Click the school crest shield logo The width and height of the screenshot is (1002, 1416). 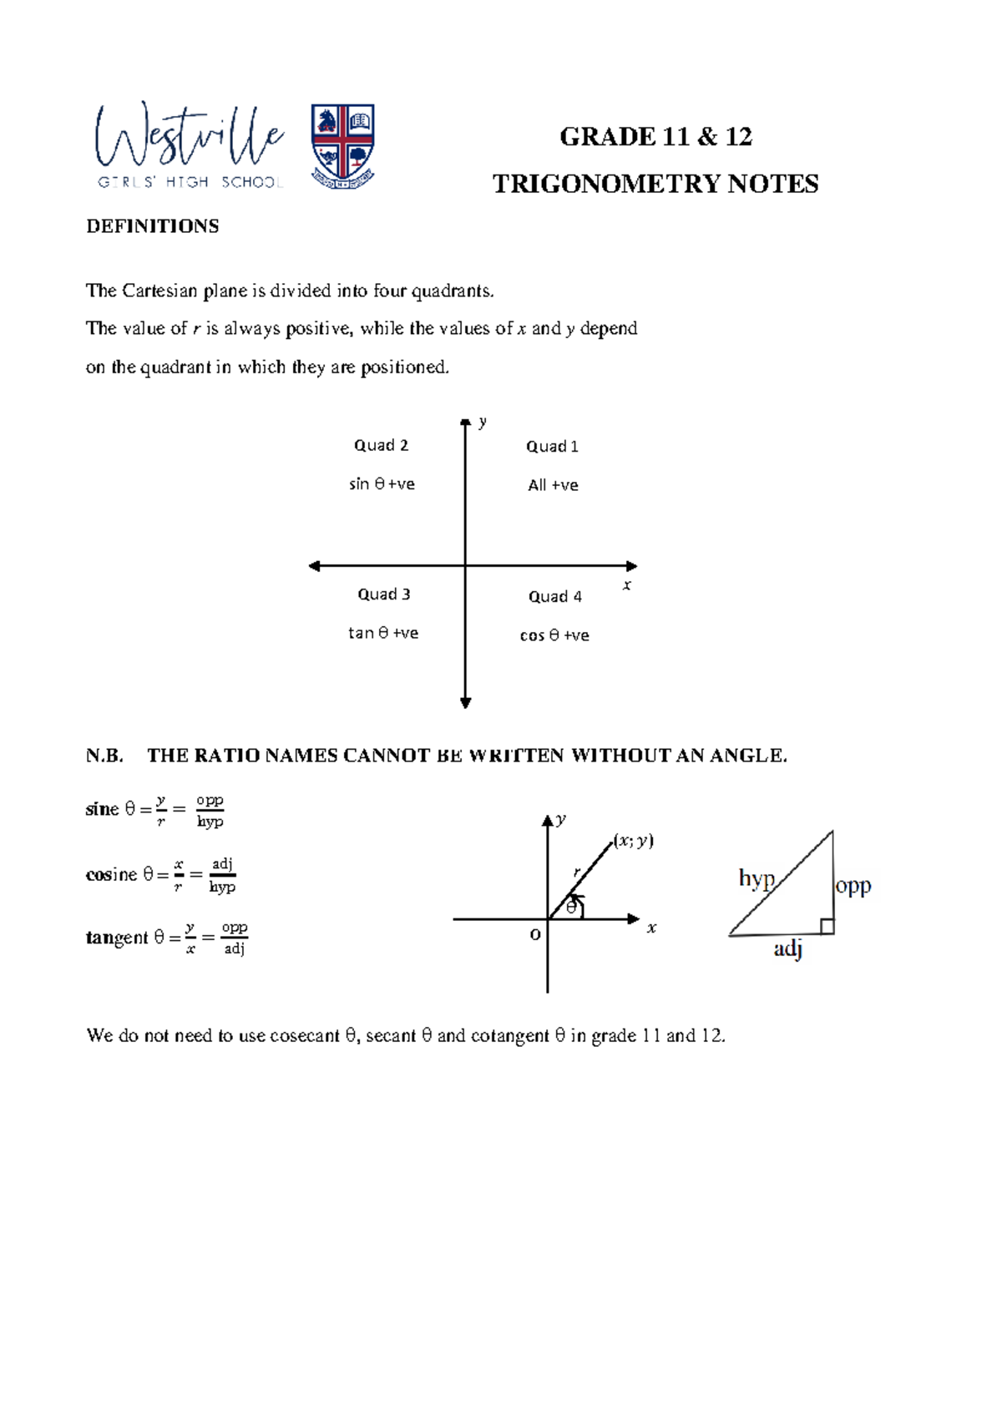(342, 144)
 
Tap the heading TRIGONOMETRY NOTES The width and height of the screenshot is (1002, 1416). (655, 184)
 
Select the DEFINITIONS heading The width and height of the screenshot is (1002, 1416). (152, 226)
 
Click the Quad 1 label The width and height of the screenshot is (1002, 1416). (552, 447)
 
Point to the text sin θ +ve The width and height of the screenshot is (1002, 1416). (382, 484)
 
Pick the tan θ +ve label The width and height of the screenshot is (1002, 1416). (383, 633)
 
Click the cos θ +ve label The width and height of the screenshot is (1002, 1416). (554, 635)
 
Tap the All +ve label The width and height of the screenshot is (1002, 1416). (553, 485)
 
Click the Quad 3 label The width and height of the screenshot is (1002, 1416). (384, 594)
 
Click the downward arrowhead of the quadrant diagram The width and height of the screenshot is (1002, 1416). (466, 703)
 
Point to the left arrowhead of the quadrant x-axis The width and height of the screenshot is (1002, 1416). (315, 566)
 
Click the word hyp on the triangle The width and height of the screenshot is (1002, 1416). (757, 878)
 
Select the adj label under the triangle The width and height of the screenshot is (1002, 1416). (787, 948)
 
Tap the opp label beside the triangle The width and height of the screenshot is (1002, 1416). (853, 885)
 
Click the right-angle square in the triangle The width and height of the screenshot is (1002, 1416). (826, 926)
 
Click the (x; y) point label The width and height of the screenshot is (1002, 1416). (634, 841)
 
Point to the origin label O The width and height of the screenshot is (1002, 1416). (535, 935)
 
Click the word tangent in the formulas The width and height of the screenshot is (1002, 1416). (116, 938)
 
